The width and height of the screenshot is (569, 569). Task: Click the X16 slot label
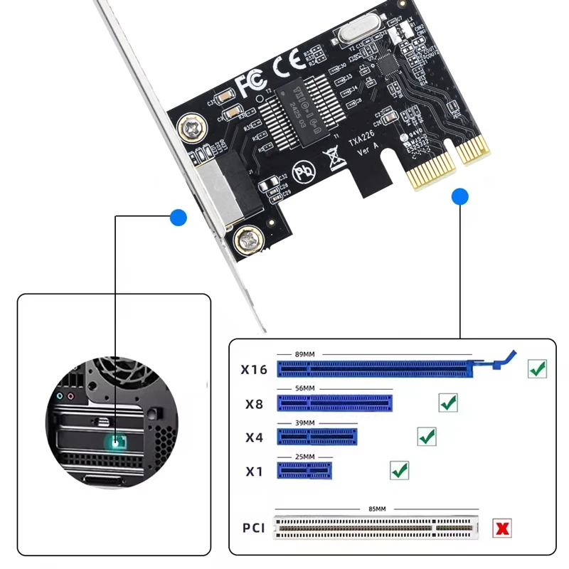coord(254,370)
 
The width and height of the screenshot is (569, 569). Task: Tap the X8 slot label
coord(254,405)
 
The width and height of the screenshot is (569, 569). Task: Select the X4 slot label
coord(254,437)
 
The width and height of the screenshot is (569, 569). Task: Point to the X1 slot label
coord(254,471)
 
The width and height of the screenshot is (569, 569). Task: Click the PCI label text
coord(254,528)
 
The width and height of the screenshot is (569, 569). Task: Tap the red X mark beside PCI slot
coord(503,528)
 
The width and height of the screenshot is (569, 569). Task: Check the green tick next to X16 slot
coord(537,368)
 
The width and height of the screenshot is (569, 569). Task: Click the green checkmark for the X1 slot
coord(400,469)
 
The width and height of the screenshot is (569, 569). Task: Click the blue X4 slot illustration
coord(317,436)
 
